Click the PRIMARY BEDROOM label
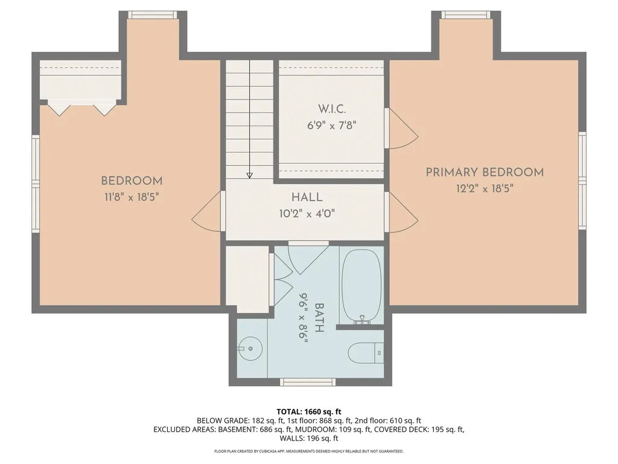click(x=485, y=172)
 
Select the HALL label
click(x=307, y=197)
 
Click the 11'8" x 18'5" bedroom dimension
click(x=132, y=196)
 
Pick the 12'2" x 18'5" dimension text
click(x=485, y=188)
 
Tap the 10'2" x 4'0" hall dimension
click(x=307, y=213)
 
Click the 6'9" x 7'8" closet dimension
click(x=331, y=126)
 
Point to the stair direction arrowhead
click(x=250, y=175)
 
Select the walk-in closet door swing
click(x=401, y=129)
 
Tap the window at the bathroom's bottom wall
click(x=308, y=382)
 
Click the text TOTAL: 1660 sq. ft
click(x=309, y=411)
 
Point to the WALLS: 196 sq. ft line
click(x=309, y=439)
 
